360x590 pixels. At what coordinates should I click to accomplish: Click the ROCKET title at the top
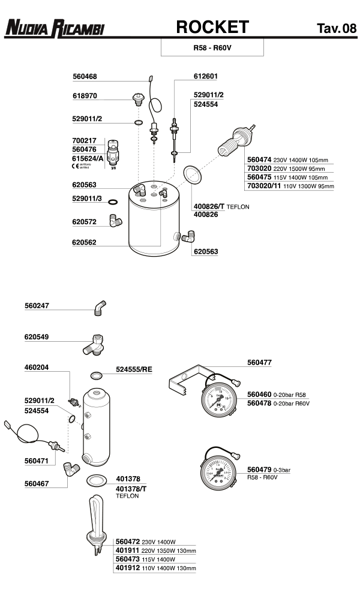[x=212, y=27]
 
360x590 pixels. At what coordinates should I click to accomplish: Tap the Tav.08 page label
[x=336, y=28]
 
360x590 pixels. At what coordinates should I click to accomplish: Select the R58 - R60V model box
[x=212, y=46]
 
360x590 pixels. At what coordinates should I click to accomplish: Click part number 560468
[x=85, y=77]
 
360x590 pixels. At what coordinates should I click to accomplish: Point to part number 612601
[x=205, y=77]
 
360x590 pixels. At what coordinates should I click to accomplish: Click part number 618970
[x=85, y=96]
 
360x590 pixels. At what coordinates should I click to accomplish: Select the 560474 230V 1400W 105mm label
[x=287, y=160]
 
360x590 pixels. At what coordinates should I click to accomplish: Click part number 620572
[x=85, y=222]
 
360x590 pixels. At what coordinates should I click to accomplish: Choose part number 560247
[x=37, y=306]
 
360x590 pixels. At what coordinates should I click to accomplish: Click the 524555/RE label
[x=134, y=369]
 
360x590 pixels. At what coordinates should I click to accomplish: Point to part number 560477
[x=259, y=362]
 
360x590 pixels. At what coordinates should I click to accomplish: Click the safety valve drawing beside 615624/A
[x=112, y=153]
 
